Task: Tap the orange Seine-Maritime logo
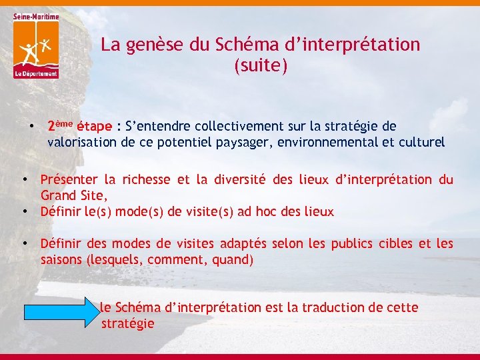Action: pyautogui.click(x=35, y=46)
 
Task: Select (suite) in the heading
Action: pyautogui.click(x=261, y=66)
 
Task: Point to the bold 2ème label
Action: pyautogui.click(x=59, y=125)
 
